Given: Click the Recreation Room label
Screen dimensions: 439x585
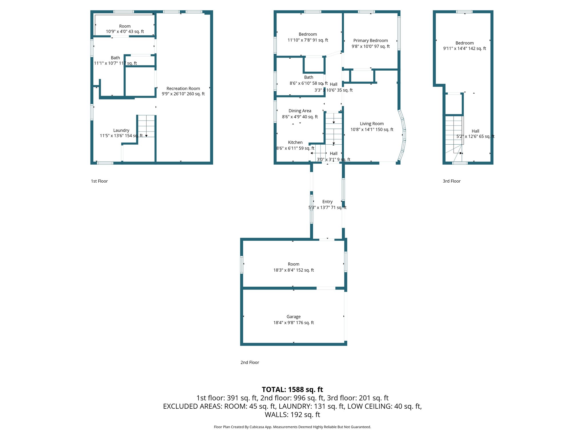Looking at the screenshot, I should [x=183, y=89].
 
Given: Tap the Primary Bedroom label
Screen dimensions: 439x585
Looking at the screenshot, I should [x=370, y=41].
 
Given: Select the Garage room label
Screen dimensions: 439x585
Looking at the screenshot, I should [x=293, y=317].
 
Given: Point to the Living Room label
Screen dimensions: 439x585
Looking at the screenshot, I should [x=372, y=124].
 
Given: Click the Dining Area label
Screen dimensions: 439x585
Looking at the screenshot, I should [x=300, y=111].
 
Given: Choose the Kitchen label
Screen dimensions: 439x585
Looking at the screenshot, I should [x=295, y=142].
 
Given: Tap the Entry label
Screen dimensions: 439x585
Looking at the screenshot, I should [x=327, y=202].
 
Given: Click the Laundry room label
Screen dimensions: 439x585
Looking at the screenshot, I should [x=121, y=130].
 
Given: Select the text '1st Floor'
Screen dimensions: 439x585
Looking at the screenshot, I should [x=99, y=181].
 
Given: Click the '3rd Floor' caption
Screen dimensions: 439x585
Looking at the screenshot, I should [x=452, y=181].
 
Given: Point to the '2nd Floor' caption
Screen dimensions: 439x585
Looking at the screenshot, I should [x=250, y=362].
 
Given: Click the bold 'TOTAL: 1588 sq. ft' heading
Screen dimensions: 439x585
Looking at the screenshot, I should [x=292, y=390].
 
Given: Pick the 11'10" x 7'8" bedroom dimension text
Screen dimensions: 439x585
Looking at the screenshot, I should [x=308, y=40].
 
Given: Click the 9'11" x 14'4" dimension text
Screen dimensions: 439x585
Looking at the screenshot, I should [x=464, y=49].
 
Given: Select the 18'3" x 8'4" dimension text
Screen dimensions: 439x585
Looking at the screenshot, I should [x=293, y=270].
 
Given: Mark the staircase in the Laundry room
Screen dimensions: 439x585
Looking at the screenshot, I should [x=147, y=126].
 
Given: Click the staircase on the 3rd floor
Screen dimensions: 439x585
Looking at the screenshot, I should [x=454, y=134].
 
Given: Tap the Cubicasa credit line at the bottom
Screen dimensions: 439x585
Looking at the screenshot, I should [x=292, y=427].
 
